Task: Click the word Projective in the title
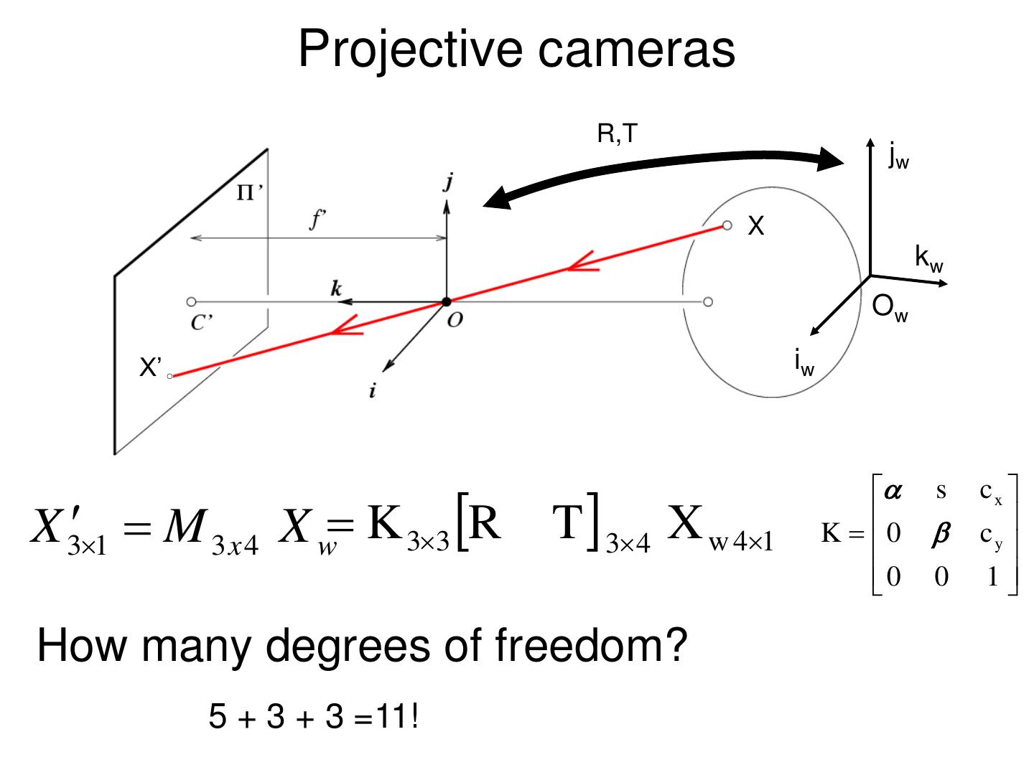tap(410, 49)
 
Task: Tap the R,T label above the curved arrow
tap(617, 133)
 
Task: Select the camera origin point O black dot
tap(447, 302)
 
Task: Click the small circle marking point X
tap(727, 226)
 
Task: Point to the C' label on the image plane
tap(202, 323)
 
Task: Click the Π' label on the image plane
tap(250, 192)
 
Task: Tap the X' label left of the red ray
tap(150, 368)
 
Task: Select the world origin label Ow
tap(889, 308)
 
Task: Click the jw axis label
tap(898, 155)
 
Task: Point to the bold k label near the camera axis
tap(336, 288)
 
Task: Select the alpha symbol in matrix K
tap(893, 491)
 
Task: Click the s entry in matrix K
tap(941, 491)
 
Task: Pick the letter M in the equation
tap(185, 527)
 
